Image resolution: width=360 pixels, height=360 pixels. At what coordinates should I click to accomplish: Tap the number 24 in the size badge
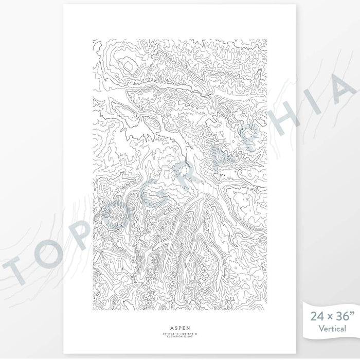[315, 315]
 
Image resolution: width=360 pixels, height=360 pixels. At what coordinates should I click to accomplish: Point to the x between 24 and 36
[327, 316]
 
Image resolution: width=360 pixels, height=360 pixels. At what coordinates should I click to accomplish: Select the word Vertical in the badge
[332, 328]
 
